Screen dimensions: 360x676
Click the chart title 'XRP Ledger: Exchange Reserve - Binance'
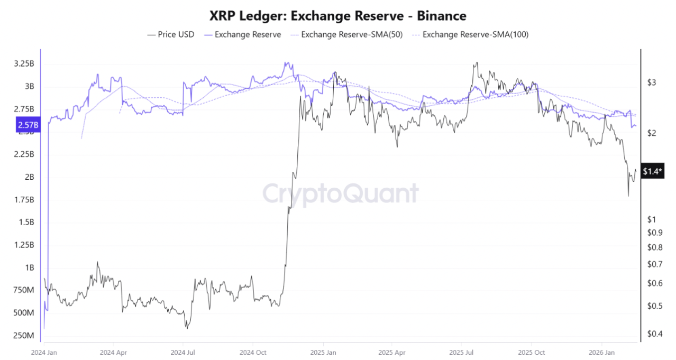[337, 16]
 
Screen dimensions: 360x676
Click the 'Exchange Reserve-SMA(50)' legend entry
[346, 34]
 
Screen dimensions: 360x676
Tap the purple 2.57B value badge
[28, 125]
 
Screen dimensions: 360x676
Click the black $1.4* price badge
[652, 171]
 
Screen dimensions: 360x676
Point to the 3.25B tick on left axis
[24, 63]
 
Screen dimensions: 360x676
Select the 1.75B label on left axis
[24, 200]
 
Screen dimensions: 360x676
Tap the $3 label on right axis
[652, 82]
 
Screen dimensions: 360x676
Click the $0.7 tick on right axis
[654, 264]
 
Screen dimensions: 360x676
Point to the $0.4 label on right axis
[654, 333]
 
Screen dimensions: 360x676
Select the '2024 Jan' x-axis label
[45, 352]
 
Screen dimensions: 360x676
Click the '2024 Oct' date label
[253, 352]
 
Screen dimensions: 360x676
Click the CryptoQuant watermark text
[341, 193]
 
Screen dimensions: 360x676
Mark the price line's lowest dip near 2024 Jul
[187, 328]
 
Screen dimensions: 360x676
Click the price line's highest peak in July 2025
[476, 63]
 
